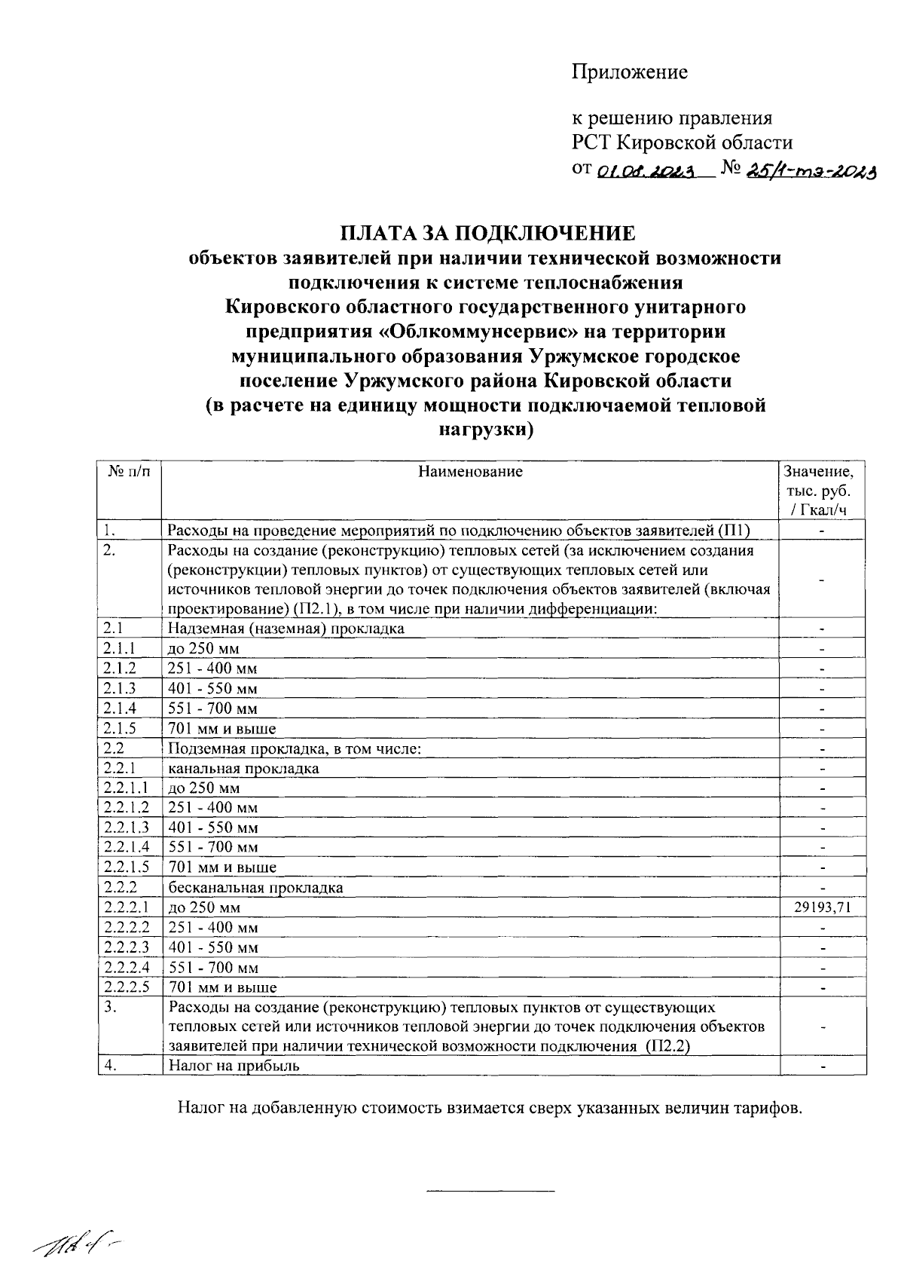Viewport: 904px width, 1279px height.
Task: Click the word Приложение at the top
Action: [x=629, y=72]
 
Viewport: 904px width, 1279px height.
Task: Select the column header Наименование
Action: [x=470, y=473]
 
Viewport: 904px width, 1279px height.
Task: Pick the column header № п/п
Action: [x=129, y=473]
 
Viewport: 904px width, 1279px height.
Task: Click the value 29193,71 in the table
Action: [x=822, y=907]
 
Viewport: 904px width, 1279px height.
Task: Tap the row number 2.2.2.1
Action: [x=127, y=907]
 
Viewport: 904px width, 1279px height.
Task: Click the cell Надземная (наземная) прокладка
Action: [x=286, y=628]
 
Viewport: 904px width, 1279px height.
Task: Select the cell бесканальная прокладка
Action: [x=255, y=888]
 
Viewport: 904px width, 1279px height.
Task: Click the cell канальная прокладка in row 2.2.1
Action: [x=243, y=769]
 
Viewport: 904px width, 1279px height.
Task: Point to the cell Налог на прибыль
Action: [x=234, y=1066]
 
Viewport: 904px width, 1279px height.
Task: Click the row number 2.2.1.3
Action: [x=127, y=828]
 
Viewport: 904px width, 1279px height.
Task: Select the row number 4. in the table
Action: [x=110, y=1066]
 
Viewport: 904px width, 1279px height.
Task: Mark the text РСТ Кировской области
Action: [x=683, y=142]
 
